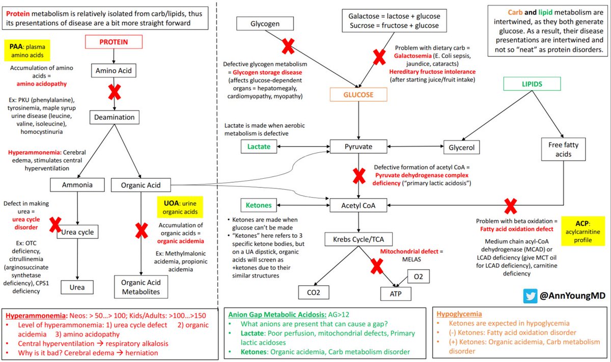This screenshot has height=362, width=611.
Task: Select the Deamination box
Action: (114, 117)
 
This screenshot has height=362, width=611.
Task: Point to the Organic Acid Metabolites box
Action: (141, 287)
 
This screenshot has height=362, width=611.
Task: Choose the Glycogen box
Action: (265, 23)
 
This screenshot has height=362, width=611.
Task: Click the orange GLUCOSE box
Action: (359, 95)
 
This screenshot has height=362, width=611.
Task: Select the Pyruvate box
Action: (359, 147)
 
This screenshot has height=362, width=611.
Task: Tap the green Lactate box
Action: (260, 147)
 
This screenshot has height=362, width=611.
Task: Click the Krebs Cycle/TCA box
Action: (358, 239)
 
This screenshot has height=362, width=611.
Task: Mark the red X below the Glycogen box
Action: (288, 47)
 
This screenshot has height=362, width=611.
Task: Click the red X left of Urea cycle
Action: (54, 224)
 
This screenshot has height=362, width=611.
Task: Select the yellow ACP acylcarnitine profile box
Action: (581, 231)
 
